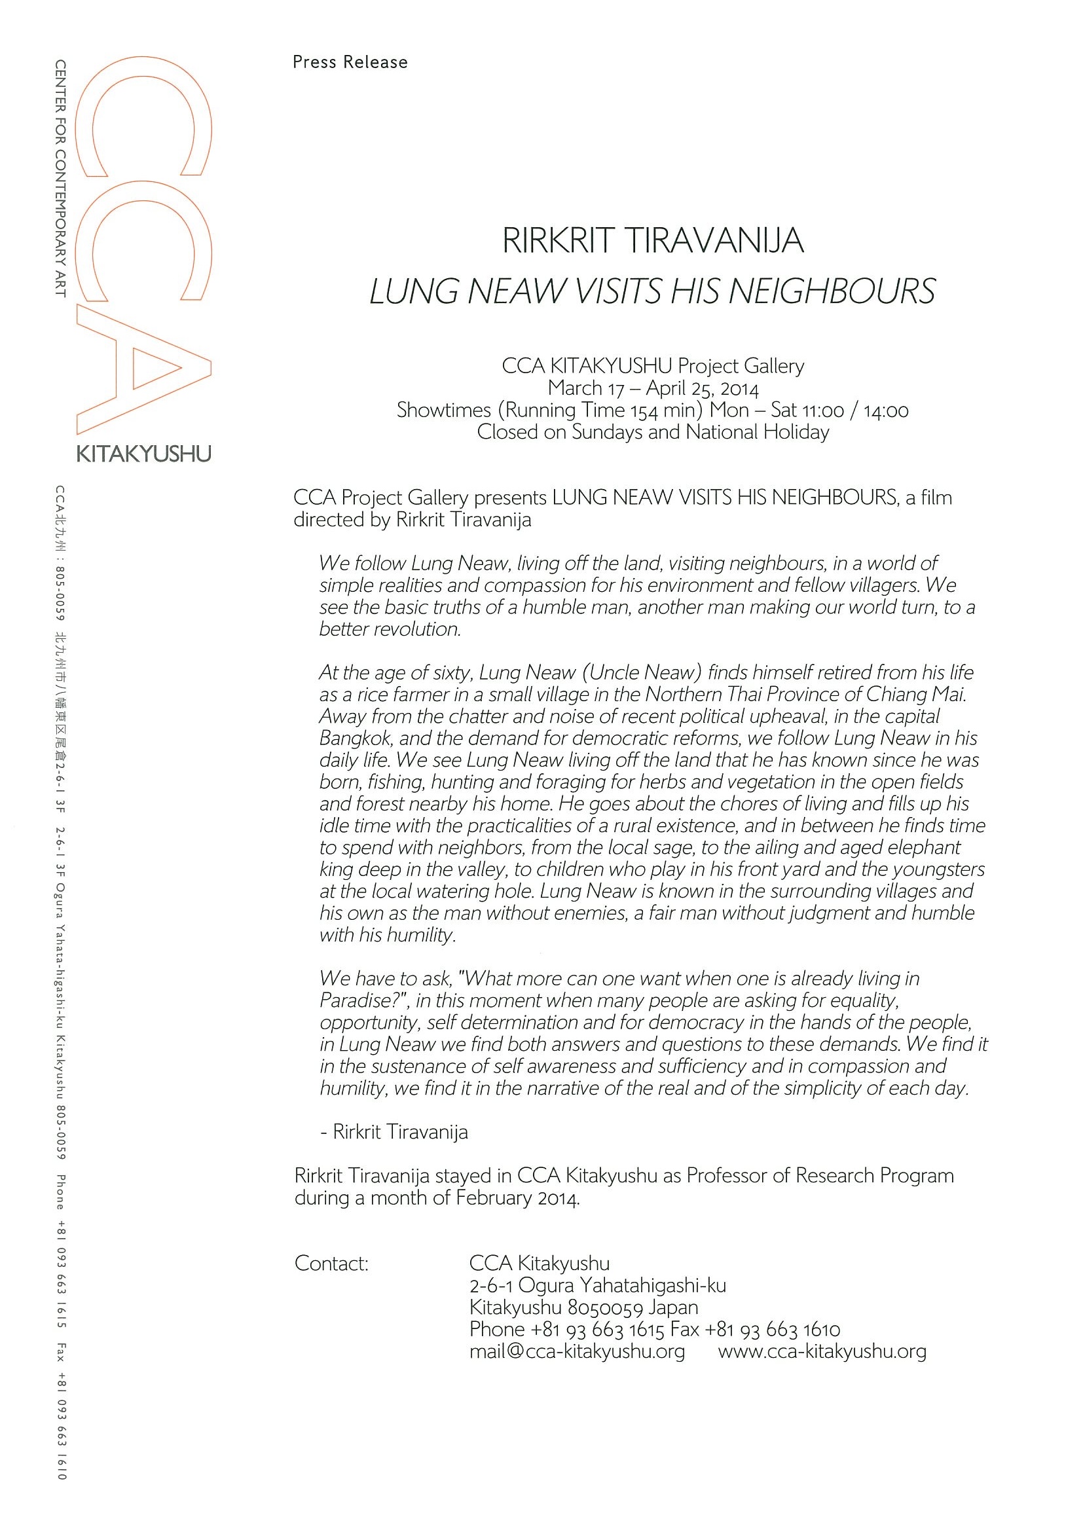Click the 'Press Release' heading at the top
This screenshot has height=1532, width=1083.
pyautogui.click(x=350, y=62)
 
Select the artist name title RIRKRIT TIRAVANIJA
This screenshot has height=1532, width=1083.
pyautogui.click(x=653, y=241)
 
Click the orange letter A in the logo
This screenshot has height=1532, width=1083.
pyautogui.click(x=143, y=369)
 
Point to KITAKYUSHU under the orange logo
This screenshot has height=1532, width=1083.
pyautogui.click(x=143, y=455)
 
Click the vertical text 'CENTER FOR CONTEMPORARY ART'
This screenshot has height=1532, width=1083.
pyautogui.click(x=61, y=178)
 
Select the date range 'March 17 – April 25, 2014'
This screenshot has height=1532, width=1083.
pyautogui.click(x=653, y=388)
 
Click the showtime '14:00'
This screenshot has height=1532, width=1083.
pyautogui.click(x=885, y=410)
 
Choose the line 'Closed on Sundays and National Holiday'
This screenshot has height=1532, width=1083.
pyautogui.click(x=653, y=432)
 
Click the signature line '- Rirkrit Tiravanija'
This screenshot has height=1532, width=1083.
pyautogui.click(x=394, y=1133)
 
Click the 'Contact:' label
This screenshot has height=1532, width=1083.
pyautogui.click(x=331, y=1263)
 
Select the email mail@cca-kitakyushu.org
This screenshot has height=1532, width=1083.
pyautogui.click(x=578, y=1351)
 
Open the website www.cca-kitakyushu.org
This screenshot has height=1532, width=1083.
pyautogui.click(x=822, y=1351)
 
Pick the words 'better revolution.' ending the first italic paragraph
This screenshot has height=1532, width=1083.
pyautogui.click(x=390, y=629)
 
